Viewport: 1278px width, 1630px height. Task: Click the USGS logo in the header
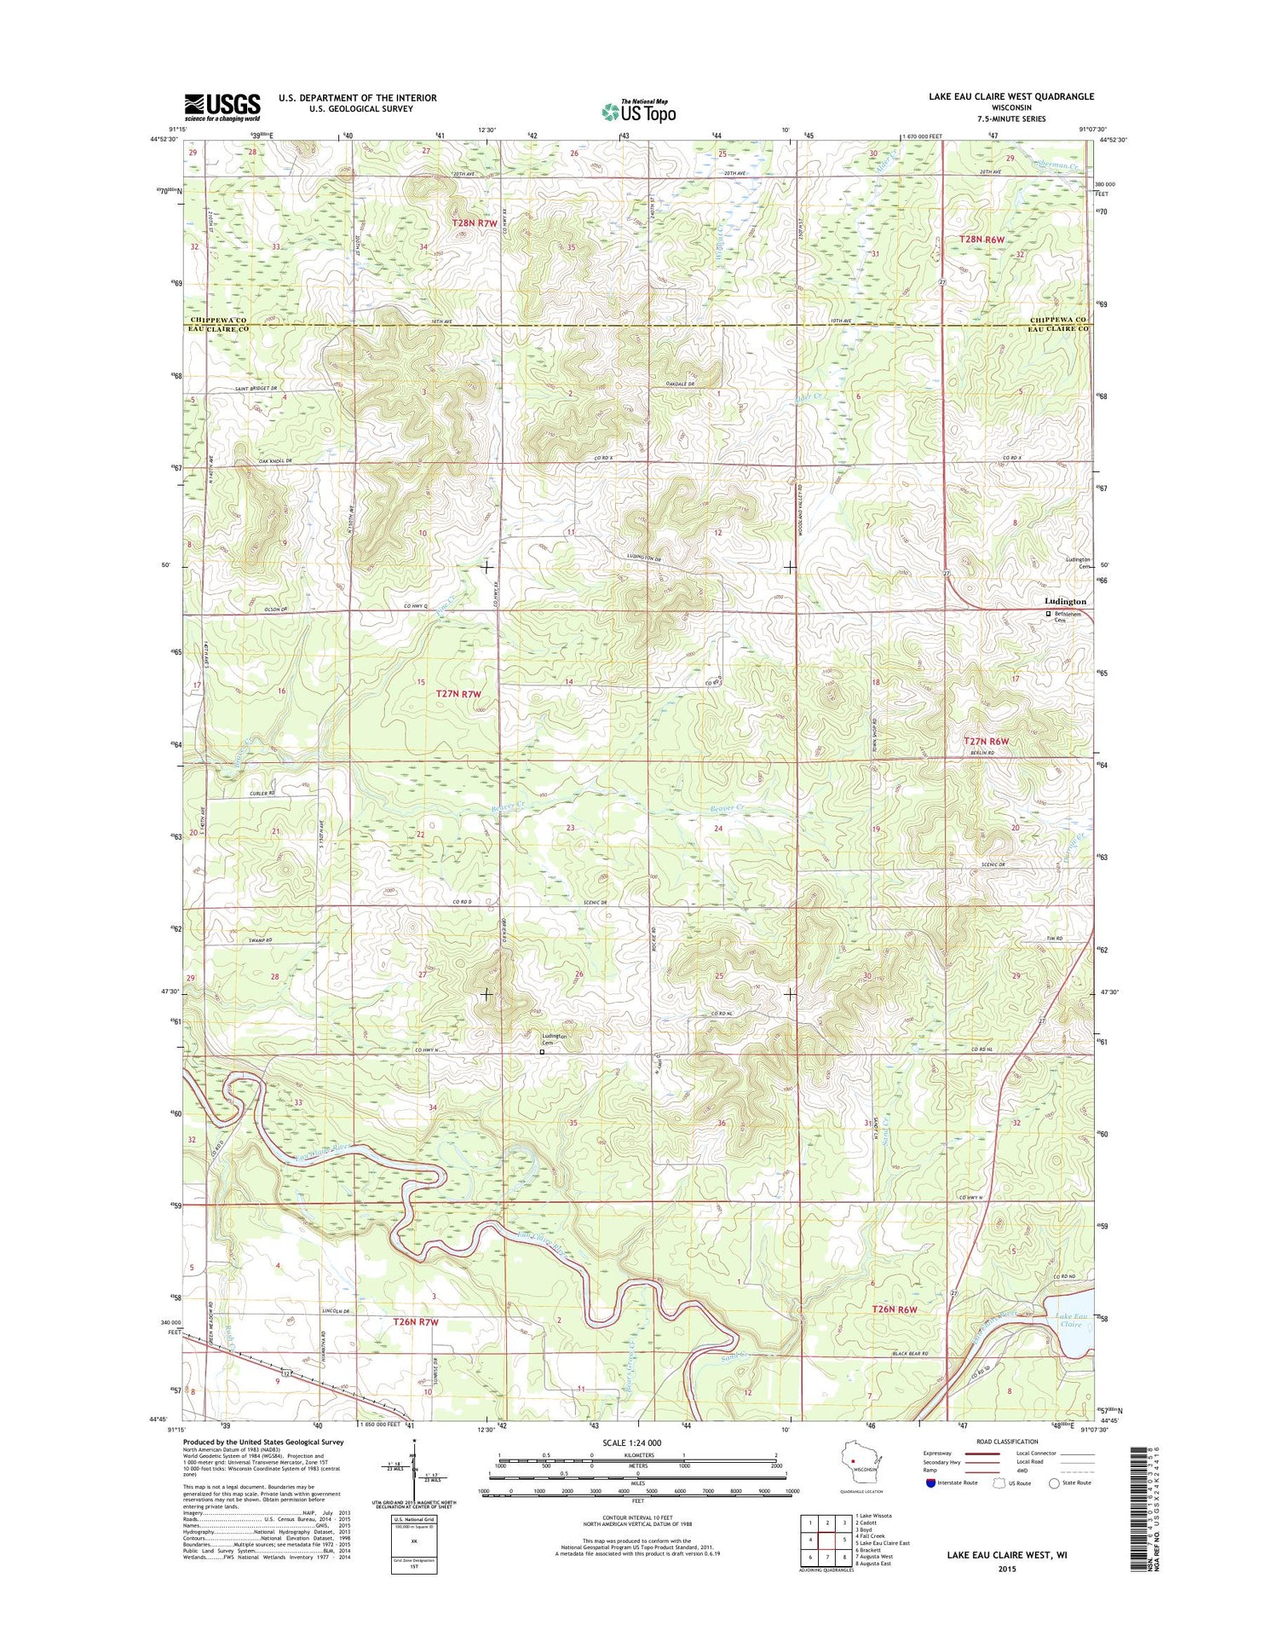coord(222,105)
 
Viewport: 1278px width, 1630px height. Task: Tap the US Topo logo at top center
coord(639,111)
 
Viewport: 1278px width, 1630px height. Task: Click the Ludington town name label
coord(1065,601)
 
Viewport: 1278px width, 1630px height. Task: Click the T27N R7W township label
coord(458,694)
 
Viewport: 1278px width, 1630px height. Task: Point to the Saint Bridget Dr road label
coord(256,388)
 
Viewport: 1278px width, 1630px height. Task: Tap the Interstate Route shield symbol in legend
coord(930,1483)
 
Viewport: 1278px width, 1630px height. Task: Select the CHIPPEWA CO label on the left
coord(217,320)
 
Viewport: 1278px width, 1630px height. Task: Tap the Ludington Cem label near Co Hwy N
coord(554,1038)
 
